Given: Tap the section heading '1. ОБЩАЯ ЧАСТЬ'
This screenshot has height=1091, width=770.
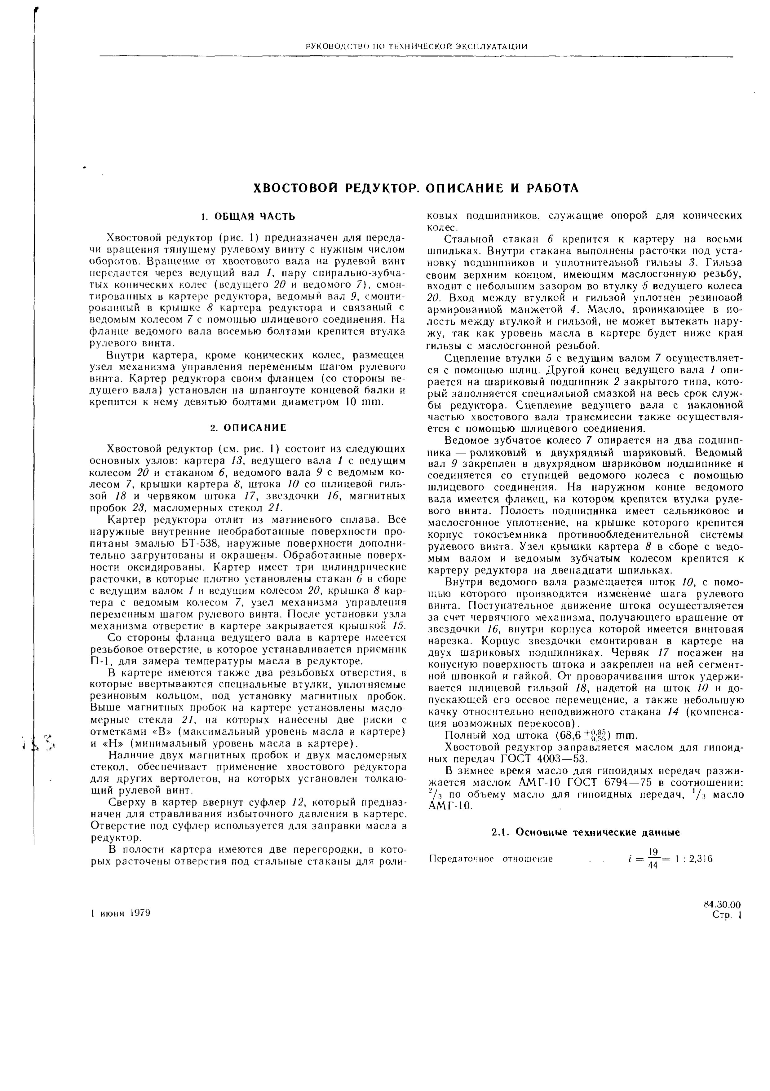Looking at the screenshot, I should click(x=248, y=217).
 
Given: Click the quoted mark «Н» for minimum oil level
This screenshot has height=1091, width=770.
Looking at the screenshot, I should click(x=110, y=744).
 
